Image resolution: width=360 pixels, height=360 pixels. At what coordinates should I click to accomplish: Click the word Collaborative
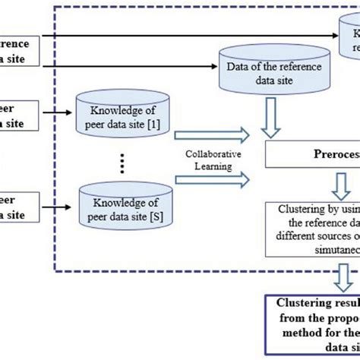coord(213,153)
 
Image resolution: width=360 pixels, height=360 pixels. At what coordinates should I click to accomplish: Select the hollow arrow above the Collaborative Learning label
coord(213,136)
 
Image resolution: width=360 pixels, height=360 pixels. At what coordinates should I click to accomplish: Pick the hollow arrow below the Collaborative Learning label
coord(213,179)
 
